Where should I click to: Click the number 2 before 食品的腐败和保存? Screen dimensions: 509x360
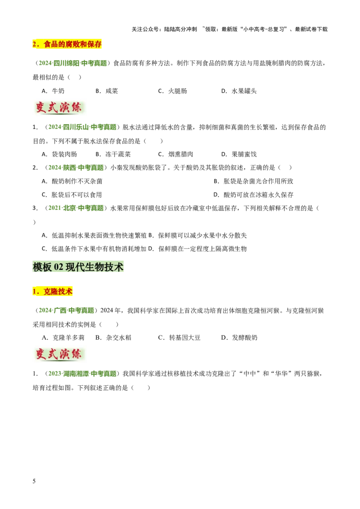pyautogui.click(x=34, y=44)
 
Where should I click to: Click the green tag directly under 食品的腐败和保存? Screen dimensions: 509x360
pyautogui.click(x=73, y=63)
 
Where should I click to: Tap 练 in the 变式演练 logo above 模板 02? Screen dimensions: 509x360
pyautogui.click(x=76, y=108)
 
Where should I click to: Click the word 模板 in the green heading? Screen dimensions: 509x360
pyautogui.click(x=42, y=267)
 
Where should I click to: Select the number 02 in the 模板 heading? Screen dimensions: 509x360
pyautogui.click(x=58, y=267)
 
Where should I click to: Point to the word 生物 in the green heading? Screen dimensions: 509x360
pyautogui.click(x=94, y=267)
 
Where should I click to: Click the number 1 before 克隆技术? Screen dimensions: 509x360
pyautogui.click(x=34, y=291)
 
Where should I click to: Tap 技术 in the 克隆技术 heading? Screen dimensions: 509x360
pyautogui.click(x=66, y=291)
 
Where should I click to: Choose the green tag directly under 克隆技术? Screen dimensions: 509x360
pyautogui.click(x=67, y=310)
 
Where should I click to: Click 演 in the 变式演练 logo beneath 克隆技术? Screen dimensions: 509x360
pyautogui.click(x=65, y=354)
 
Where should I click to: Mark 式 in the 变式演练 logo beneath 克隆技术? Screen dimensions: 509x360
pyautogui.click(x=53, y=354)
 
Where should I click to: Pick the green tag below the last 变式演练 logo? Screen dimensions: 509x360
pyautogui.click(x=82, y=374)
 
